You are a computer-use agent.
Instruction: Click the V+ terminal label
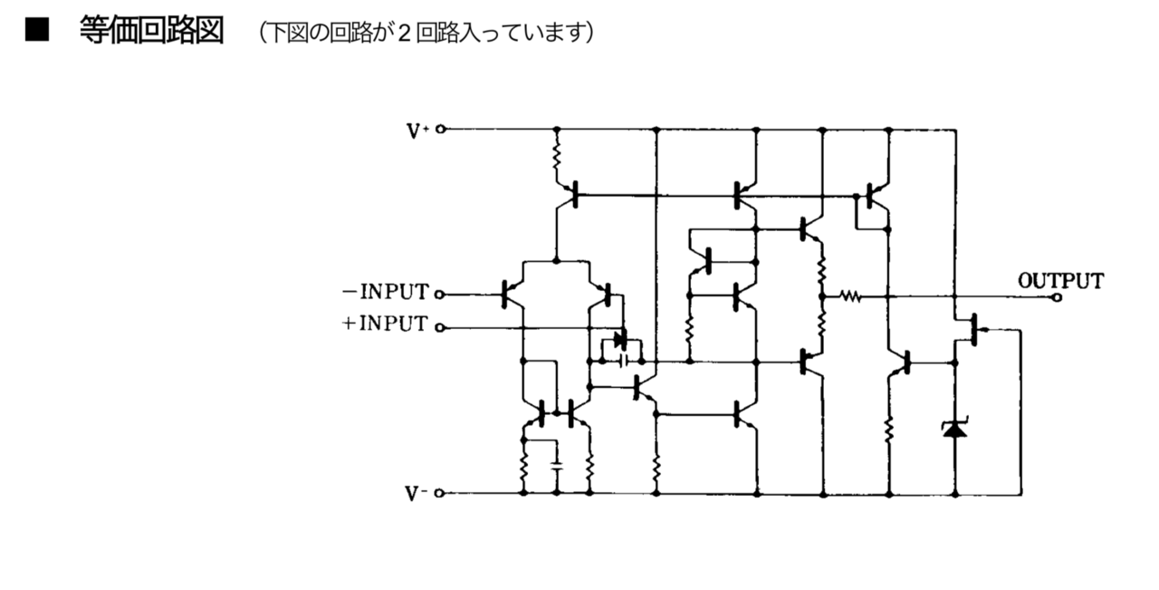(x=417, y=131)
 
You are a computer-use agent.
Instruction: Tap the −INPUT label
(x=385, y=293)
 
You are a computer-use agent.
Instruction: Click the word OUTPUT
(x=1060, y=281)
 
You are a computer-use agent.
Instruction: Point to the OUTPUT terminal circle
(x=1056, y=296)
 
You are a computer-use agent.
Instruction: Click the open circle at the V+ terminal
(x=441, y=130)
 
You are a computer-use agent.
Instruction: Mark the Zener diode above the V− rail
(x=954, y=428)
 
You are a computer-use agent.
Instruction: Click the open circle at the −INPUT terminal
(x=441, y=294)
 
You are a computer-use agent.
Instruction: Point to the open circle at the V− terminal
(x=441, y=494)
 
